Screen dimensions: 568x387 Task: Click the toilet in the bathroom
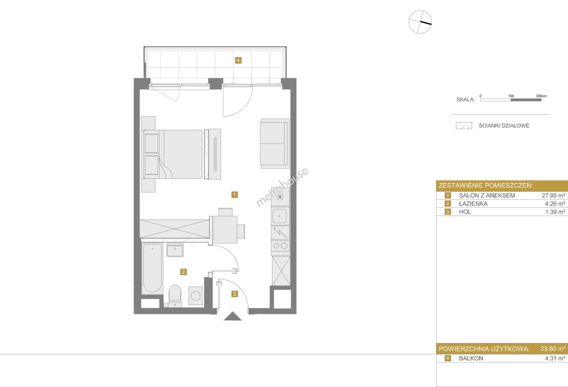(175, 296)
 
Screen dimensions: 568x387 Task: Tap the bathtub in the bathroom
(152, 268)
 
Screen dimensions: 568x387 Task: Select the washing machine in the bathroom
(196, 296)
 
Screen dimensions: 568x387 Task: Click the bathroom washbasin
(175, 250)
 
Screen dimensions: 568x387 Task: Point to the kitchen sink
(280, 216)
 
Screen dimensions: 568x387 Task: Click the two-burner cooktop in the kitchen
(281, 245)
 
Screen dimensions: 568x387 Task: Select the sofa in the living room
(275, 144)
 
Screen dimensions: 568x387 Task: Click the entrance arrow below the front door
(233, 316)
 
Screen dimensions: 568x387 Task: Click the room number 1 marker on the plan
(235, 195)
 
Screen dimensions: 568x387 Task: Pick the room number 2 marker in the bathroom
(183, 272)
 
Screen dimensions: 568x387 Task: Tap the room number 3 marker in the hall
(235, 294)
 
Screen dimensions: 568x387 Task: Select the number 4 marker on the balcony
(238, 60)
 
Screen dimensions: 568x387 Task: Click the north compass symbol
(420, 22)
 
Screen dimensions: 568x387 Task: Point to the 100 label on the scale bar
(511, 96)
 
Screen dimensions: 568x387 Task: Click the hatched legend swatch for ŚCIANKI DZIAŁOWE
(464, 126)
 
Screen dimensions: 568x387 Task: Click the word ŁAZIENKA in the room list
(473, 204)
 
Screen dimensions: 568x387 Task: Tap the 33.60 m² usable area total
(553, 349)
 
